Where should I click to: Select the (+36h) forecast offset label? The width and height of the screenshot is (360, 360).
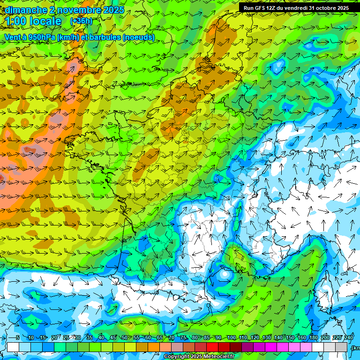pos(81,21)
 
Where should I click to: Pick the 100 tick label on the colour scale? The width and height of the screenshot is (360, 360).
pos(231,338)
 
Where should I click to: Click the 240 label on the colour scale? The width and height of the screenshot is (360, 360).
pos(349,338)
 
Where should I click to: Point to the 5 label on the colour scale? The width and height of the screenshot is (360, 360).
pos(18,338)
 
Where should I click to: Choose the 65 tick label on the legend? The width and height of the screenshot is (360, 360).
pos(160,338)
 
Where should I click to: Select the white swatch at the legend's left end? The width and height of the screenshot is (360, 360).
pos(13,347)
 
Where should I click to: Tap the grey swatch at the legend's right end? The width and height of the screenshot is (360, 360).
pos(342,347)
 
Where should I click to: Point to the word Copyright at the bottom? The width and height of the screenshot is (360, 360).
pos(175,357)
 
